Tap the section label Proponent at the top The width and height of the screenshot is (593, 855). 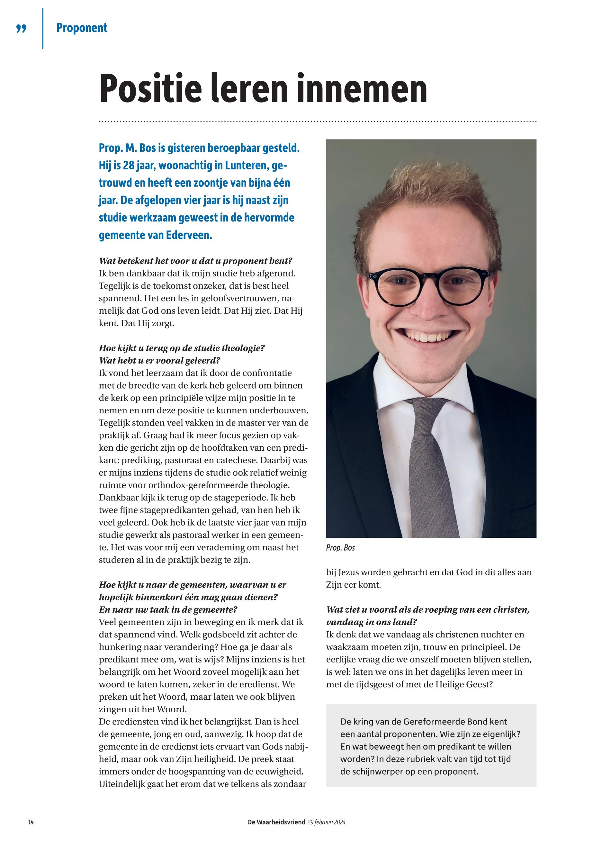point(82,28)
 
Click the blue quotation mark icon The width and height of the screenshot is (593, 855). point(22,29)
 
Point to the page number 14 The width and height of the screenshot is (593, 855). point(31,822)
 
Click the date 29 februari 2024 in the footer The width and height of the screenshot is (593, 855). point(327,822)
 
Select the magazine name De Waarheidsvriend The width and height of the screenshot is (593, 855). point(276,822)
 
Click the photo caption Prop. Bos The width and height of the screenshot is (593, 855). point(340,548)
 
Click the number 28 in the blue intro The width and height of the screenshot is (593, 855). point(128,165)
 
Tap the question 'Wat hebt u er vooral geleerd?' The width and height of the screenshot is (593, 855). point(159,361)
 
